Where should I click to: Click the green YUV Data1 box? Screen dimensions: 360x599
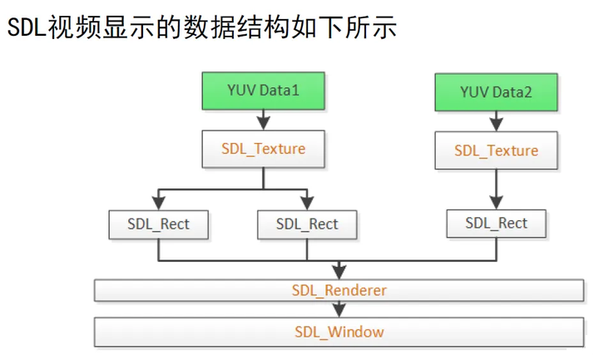tap(264, 90)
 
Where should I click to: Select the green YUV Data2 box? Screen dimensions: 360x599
tap(496, 91)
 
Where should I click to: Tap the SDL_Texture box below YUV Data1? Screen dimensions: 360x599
tap(264, 150)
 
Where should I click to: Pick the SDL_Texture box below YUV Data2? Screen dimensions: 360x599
tap(496, 151)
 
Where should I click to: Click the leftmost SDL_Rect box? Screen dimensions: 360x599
tap(158, 224)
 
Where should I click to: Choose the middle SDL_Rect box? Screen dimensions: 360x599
tap(307, 224)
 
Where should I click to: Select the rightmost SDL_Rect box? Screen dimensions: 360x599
tap(496, 223)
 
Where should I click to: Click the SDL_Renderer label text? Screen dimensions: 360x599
tap(339, 290)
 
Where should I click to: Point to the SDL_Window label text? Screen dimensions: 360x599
tap(339, 332)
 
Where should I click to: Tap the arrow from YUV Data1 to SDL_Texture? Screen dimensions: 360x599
tap(264, 120)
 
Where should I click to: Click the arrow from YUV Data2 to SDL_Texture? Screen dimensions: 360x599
tap(496, 121)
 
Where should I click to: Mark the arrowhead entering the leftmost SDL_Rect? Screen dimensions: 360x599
tap(158, 202)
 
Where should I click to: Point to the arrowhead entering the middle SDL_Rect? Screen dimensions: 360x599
tap(307, 202)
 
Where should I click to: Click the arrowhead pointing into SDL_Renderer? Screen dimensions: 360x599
tap(339, 272)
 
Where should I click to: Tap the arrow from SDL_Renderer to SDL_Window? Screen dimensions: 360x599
tap(339, 309)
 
